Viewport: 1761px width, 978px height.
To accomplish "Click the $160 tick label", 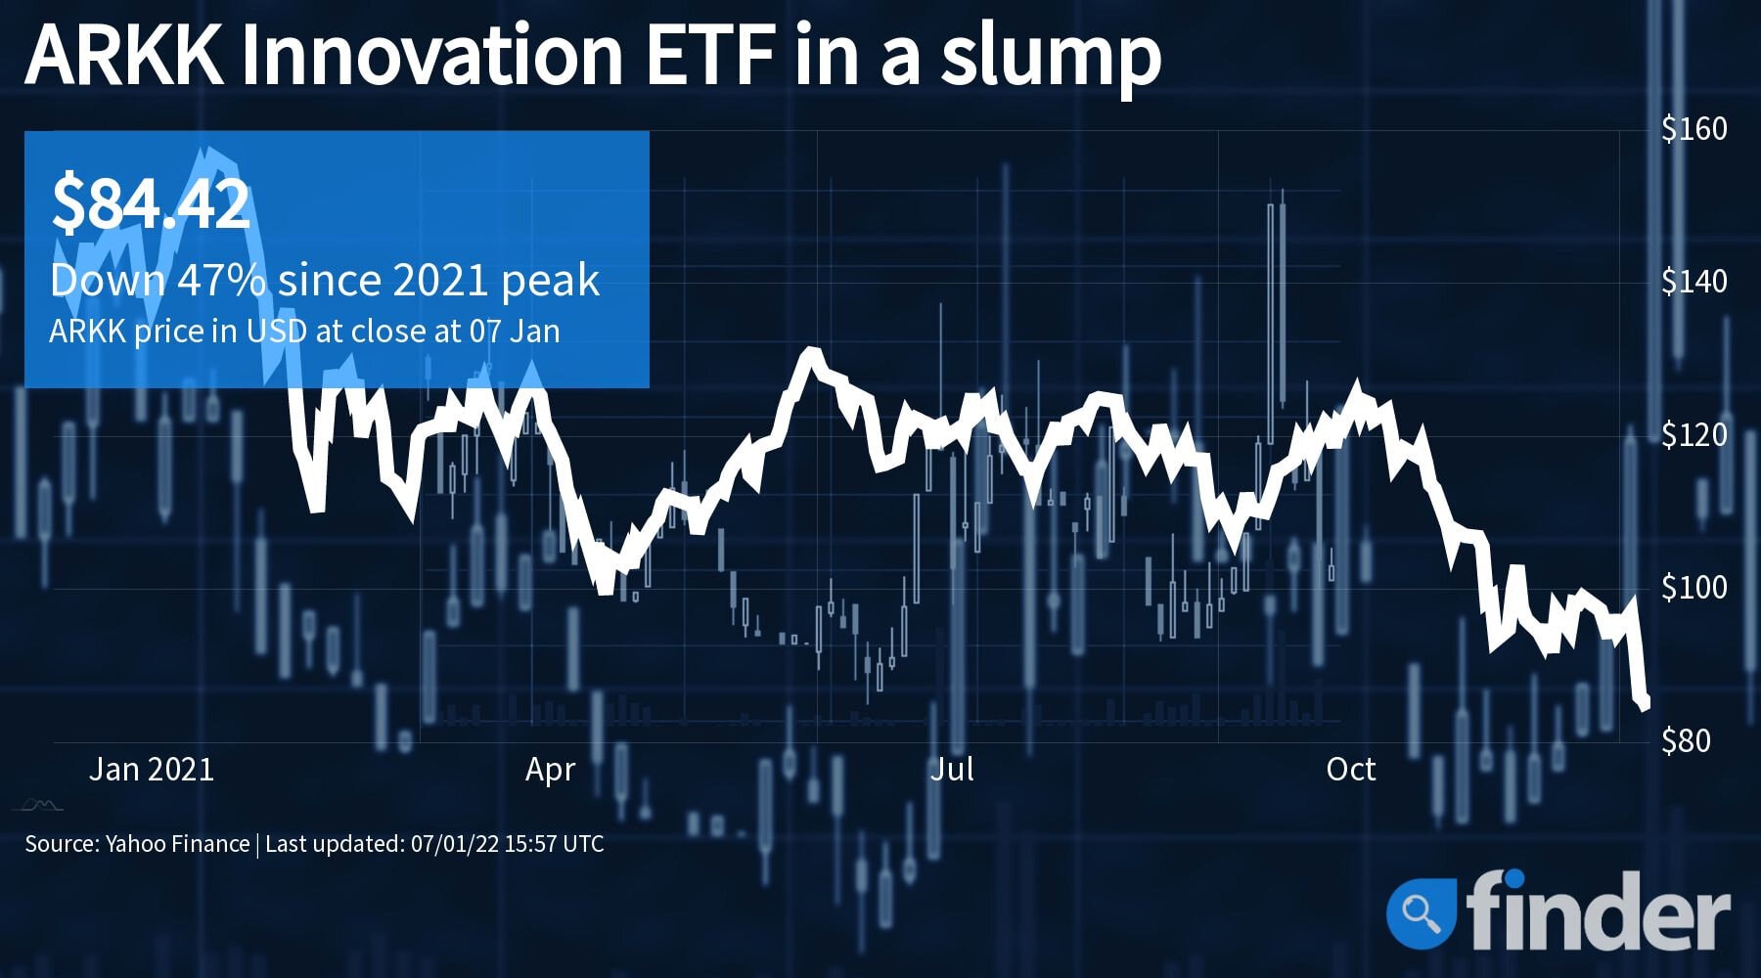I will coord(1693,128).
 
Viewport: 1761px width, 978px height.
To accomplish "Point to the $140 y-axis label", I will coord(1693,282).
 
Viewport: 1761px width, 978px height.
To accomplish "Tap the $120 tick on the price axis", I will coord(1693,434).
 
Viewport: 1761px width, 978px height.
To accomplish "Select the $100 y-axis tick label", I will coord(1693,587).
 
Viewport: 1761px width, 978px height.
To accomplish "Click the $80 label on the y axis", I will coord(1686,740).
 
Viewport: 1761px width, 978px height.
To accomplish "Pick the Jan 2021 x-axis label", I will coord(152,770).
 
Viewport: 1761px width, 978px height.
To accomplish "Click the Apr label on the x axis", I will coord(550,770).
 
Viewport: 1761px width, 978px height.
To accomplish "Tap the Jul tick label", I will coord(951,770).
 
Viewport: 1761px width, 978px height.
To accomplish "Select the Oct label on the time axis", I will coord(1350,770).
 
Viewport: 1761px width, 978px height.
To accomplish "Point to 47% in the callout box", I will coord(221,281).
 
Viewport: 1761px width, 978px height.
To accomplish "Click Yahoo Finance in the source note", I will coord(177,844).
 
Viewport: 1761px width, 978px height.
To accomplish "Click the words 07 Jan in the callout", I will coord(515,332).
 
